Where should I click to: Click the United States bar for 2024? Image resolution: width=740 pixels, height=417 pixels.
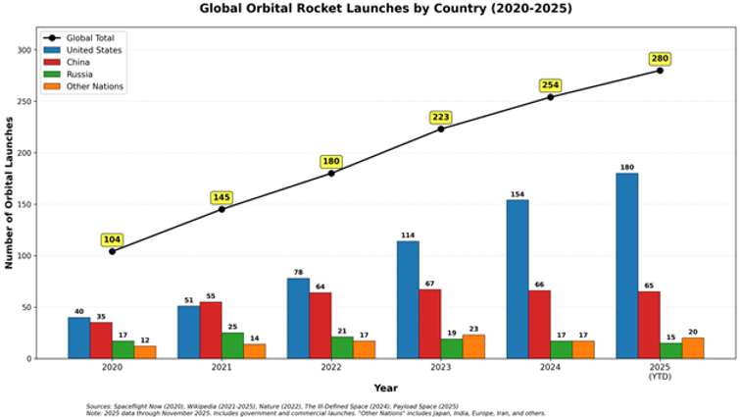(x=518, y=280)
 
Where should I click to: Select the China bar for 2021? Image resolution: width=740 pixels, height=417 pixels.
(x=210, y=330)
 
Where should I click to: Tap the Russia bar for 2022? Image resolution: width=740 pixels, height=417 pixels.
(x=342, y=347)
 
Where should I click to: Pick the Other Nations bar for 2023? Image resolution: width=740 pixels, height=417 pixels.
(x=473, y=346)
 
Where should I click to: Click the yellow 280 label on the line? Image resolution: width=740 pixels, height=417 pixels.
(x=660, y=59)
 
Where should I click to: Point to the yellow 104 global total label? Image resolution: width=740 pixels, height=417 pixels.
(x=113, y=239)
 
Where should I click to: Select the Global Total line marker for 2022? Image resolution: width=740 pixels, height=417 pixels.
(x=331, y=174)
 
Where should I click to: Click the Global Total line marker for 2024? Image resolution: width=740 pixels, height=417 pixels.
(x=550, y=97)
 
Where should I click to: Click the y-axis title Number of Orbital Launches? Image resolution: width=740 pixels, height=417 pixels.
(x=9, y=192)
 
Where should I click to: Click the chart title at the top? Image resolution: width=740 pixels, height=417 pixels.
(x=385, y=9)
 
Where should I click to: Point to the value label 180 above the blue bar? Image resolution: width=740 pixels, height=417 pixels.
(x=627, y=167)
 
